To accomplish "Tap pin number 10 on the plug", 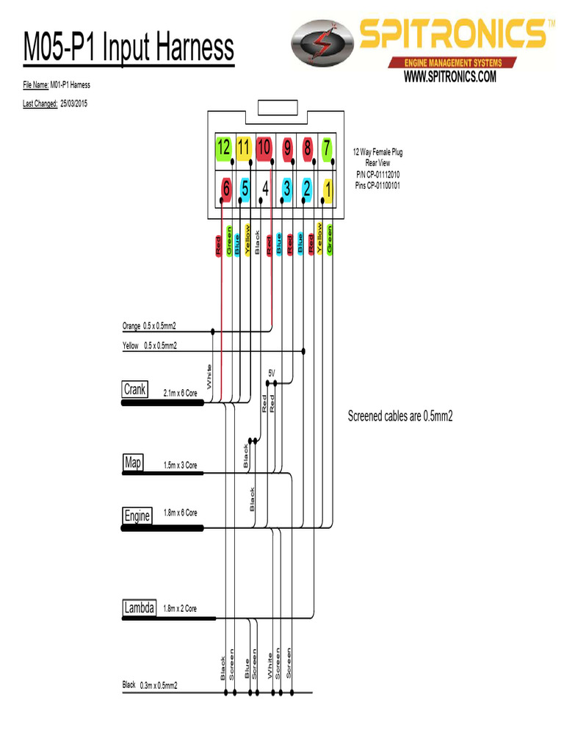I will (264, 148).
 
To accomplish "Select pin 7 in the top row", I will (325, 148).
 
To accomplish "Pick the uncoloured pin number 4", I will (264, 190).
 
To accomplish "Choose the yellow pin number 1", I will (327, 190).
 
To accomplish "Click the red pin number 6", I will (225, 190).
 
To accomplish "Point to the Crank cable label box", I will (135, 389).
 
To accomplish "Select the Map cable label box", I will (133, 463).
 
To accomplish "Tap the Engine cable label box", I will (137, 516).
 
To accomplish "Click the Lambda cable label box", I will (139, 608).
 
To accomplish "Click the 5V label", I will (272, 373).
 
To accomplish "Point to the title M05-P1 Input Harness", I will (129, 48).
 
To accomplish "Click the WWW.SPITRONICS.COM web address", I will (450, 76).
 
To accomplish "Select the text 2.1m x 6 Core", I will (180, 394).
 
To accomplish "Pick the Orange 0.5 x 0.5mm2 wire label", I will (149, 325).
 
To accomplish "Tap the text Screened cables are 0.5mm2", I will (399, 417).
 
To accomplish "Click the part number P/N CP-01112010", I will (378, 174).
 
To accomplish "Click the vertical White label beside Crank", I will (209, 377).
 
